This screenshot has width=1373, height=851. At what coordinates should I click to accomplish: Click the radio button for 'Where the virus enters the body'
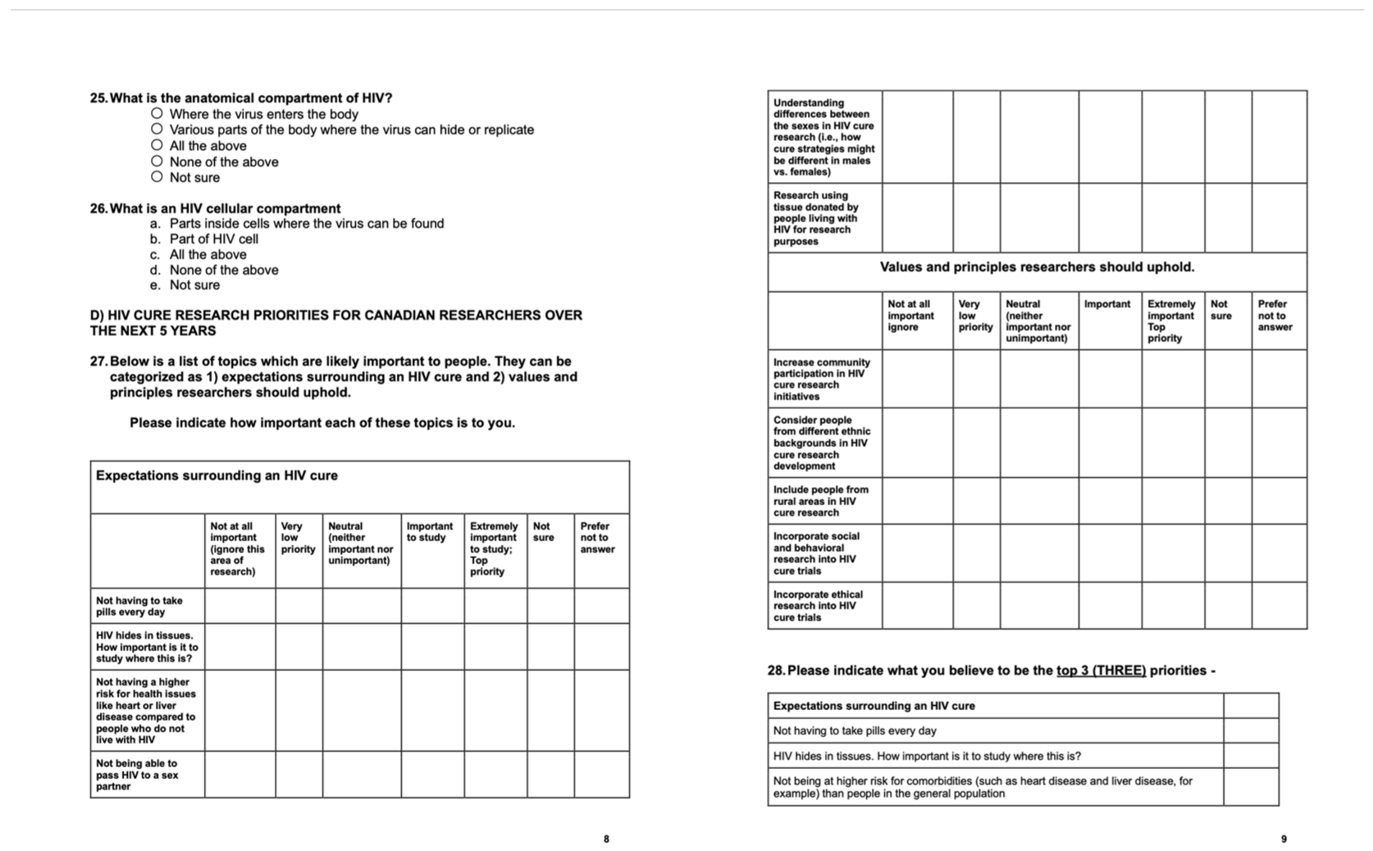pos(157,114)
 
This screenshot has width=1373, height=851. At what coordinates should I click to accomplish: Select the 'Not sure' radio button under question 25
pos(157,177)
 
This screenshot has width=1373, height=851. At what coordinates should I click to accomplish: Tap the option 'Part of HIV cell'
pos(213,239)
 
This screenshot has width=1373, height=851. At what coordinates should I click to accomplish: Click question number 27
pos(98,362)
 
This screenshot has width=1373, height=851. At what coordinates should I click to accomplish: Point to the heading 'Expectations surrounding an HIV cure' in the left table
pos(217,476)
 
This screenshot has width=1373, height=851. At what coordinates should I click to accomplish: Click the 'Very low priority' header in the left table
pos(298,538)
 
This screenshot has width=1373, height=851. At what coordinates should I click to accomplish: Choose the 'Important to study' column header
pos(430,532)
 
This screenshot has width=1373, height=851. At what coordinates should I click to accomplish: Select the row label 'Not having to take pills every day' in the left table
pos(139,606)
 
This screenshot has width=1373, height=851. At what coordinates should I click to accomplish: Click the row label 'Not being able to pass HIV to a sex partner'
pos(137,775)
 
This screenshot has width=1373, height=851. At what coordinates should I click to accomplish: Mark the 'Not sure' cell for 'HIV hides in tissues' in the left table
pos(550,647)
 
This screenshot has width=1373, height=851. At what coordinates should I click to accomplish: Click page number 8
pos(606,839)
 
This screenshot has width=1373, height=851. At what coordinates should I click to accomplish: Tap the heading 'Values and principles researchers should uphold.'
pos(1037,267)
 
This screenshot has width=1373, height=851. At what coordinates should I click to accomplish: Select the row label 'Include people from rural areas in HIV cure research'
pos(820,501)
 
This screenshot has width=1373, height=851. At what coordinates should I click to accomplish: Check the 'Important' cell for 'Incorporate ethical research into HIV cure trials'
pos(1110,606)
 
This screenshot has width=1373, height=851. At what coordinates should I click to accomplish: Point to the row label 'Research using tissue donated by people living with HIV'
pos(815,218)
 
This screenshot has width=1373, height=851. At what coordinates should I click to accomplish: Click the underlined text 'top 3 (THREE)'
pos(1101,671)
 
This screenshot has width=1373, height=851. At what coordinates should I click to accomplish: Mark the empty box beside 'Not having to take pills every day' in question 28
pos(1250,730)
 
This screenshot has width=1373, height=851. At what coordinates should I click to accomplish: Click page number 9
pos(1284,839)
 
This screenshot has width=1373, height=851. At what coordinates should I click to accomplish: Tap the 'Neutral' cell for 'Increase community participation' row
pos(1039,379)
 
